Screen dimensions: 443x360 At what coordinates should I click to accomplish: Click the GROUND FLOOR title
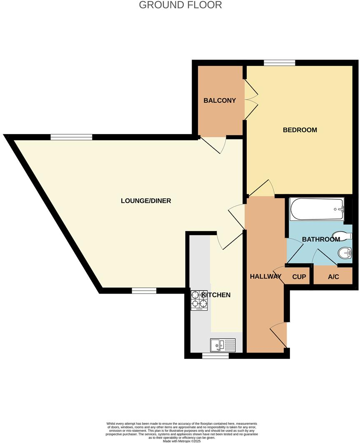click(180, 5)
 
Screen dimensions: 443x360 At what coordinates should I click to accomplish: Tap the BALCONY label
click(220, 100)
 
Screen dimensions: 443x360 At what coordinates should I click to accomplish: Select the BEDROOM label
click(300, 130)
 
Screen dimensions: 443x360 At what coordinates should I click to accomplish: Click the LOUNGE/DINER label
click(146, 201)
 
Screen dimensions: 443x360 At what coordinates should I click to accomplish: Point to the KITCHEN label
click(216, 295)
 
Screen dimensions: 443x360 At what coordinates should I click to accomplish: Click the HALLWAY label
click(266, 276)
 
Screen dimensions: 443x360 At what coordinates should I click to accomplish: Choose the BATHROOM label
click(321, 239)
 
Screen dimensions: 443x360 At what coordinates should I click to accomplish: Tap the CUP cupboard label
click(299, 277)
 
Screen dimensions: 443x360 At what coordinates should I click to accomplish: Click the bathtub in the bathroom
click(317, 209)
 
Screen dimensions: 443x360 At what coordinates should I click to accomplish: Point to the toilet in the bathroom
click(340, 236)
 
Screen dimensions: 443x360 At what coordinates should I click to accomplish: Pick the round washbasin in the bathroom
click(344, 252)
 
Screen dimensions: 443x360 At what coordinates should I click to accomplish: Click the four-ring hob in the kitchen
click(200, 300)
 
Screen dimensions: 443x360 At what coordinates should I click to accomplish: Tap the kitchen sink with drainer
click(223, 345)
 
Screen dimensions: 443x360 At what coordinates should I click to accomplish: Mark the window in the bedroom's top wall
click(280, 63)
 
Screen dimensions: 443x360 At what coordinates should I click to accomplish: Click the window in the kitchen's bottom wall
click(215, 356)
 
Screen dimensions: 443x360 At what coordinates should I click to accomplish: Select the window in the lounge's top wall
click(71, 137)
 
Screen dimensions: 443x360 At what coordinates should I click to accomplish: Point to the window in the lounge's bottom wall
click(144, 291)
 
